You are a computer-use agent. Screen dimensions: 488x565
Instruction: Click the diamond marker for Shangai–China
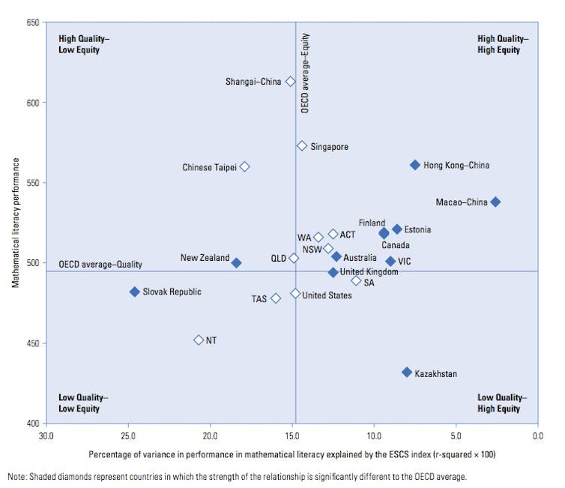[291, 81]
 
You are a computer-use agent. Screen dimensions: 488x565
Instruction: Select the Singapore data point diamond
[302, 146]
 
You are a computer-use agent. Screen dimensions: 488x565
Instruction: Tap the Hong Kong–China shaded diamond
[415, 165]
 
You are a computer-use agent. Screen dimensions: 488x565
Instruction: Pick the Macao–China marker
[495, 202]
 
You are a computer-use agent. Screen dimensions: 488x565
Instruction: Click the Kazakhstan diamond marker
[407, 373]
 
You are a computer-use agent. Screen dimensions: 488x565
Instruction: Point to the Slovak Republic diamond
[135, 292]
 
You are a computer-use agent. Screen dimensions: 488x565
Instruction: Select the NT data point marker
[199, 340]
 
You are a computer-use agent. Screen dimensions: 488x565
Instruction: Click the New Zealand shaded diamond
[237, 263]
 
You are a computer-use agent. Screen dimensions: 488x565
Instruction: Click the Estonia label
[418, 229]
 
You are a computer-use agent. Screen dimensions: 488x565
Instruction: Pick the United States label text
[327, 295]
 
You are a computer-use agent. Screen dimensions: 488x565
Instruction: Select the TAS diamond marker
[276, 298]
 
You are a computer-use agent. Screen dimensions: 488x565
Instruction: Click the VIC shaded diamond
[390, 262]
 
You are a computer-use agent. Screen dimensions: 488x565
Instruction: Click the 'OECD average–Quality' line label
[100, 265]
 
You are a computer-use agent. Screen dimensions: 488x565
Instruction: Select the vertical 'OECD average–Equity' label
[305, 73]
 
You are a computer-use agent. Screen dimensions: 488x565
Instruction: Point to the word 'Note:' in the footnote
[18, 477]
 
